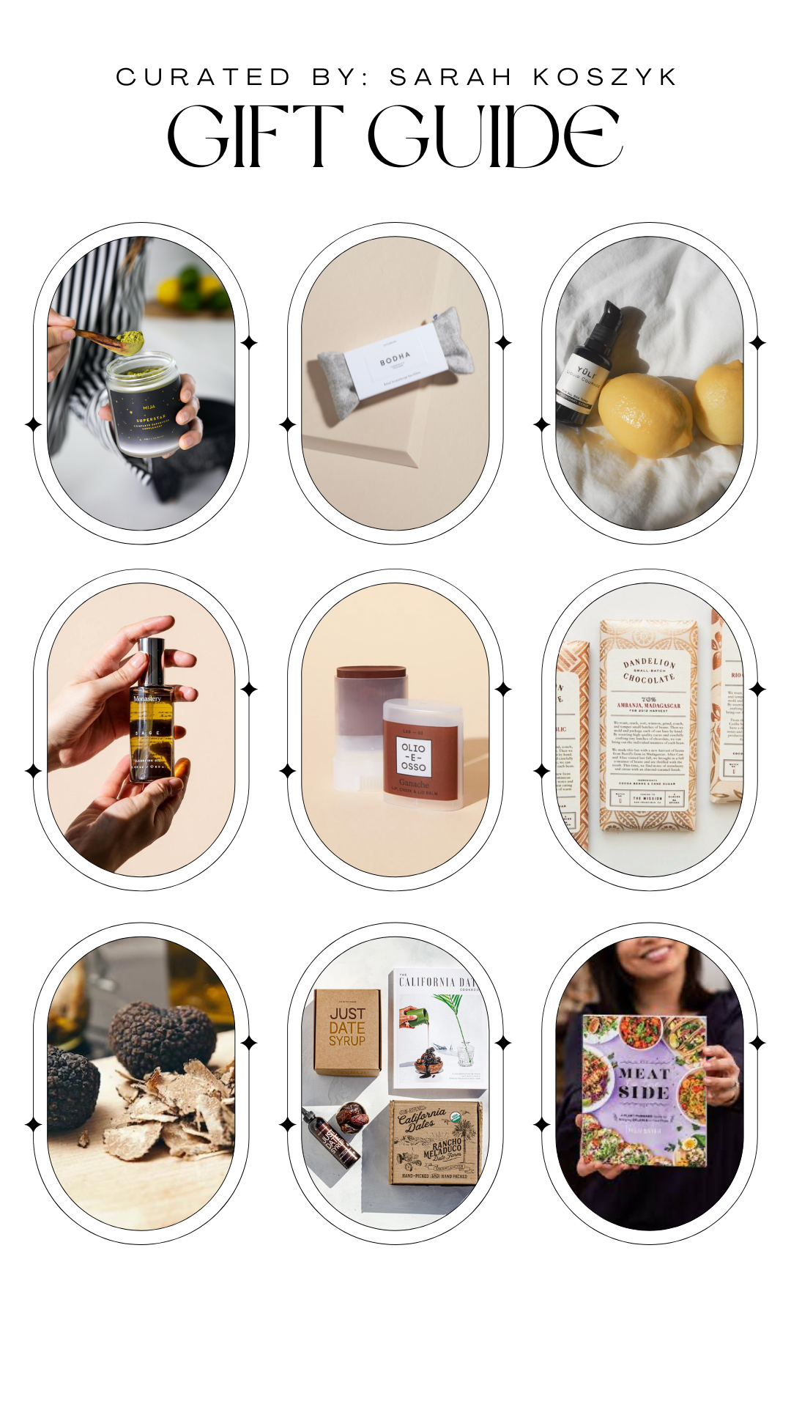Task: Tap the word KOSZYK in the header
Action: (x=605, y=77)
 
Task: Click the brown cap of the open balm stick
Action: (x=371, y=672)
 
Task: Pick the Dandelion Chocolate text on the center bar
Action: (x=649, y=671)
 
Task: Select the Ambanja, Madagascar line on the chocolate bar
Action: (x=649, y=706)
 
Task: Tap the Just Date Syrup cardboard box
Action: (x=347, y=1031)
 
